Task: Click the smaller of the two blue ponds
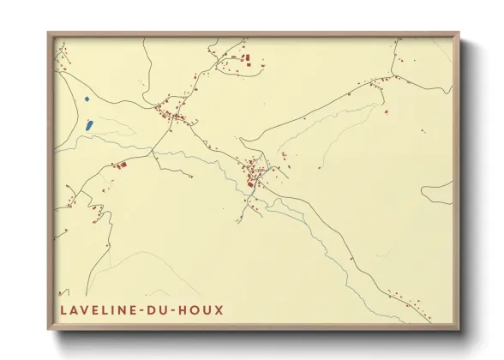tap(87, 101)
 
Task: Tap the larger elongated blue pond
tap(88, 126)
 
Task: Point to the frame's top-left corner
tap(49, 34)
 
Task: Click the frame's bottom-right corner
tap(459, 329)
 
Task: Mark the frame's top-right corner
tap(459, 34)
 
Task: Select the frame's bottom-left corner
tap(49, 329)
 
